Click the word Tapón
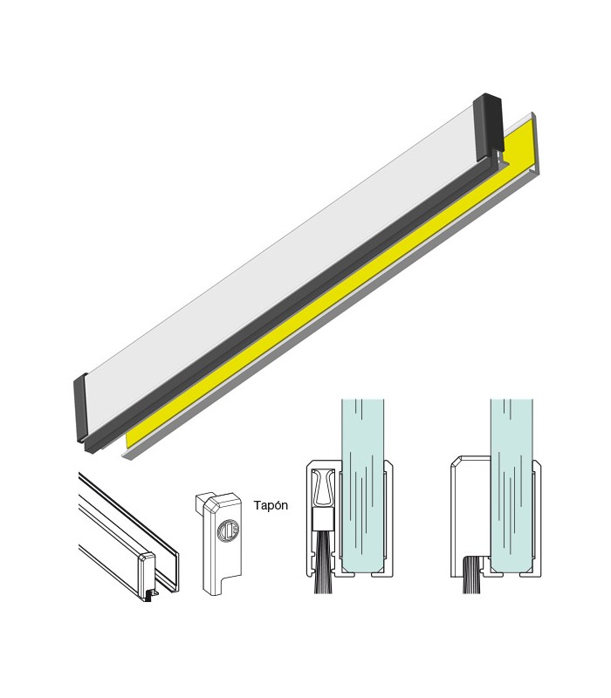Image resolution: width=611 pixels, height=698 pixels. (271, 505)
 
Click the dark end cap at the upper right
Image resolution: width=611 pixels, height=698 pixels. (488, 127)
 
